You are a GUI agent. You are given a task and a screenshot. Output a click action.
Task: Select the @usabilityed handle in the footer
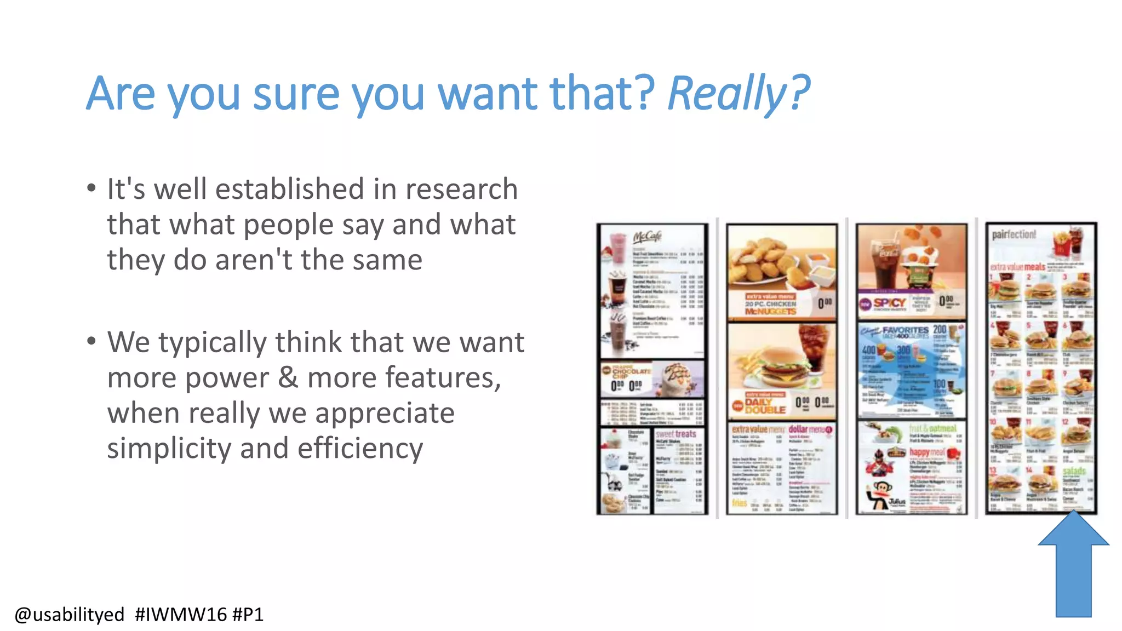(70, 615)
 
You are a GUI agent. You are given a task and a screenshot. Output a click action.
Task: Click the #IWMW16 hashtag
(181, 615)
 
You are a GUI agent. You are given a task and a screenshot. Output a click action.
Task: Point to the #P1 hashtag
(248, 615)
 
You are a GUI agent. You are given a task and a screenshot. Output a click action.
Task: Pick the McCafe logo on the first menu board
(648, 237)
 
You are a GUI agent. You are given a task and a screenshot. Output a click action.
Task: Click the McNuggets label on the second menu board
(770, 311)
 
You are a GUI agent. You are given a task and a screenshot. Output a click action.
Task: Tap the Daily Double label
(765, 406)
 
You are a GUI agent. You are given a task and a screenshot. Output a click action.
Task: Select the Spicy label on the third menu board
(889, 303)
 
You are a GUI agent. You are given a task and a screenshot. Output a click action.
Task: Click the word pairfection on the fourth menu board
(1014, 234)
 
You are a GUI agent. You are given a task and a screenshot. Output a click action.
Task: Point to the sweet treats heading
(676, 434)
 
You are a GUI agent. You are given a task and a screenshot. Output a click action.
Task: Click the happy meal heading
(928, 452)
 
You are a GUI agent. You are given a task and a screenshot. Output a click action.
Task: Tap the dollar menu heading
(806, 429)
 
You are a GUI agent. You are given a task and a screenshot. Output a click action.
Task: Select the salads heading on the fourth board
(1074, 471)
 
